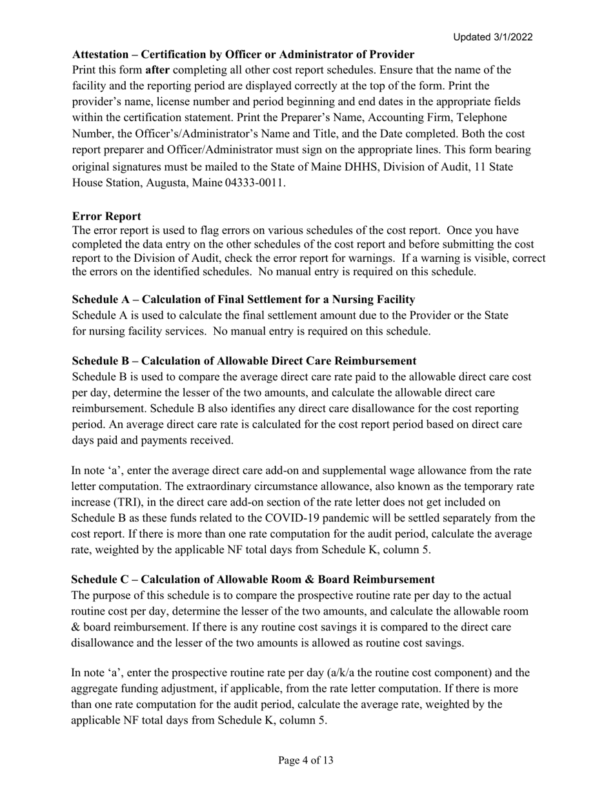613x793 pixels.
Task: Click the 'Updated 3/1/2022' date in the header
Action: (492, 37)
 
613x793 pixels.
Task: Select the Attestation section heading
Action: (243, 54)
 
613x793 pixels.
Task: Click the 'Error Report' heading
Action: (106, 216)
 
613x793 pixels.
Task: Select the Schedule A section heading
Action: (243, 300)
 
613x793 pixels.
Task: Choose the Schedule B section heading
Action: (244, 361)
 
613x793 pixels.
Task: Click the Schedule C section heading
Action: (252, 580)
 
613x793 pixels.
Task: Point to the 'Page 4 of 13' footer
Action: (306, 761)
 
